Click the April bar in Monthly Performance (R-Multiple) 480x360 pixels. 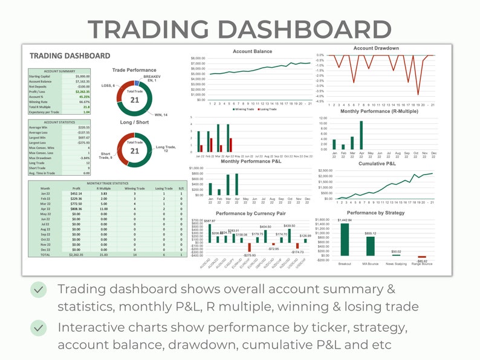362,135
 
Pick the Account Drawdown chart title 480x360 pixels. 376,48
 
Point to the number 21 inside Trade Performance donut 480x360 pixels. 135,100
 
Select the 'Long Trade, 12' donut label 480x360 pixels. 169,148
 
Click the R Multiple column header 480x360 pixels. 104,188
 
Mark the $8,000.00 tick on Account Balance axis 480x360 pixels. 198,58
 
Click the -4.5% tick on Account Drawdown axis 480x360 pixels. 321,101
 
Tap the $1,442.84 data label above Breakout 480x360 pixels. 345,220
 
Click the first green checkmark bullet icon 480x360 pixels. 39,289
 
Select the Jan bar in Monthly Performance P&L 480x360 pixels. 210,189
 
